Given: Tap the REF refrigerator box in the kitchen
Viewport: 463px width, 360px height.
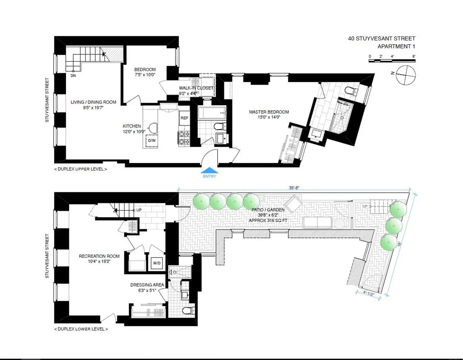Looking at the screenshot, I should pos(184,118).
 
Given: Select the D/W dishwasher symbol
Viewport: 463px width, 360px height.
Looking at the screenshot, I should pos(152,141).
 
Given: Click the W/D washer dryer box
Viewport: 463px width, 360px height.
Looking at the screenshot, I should pos(157,263).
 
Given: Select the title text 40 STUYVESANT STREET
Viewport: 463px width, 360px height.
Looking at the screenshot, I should pos(381,39).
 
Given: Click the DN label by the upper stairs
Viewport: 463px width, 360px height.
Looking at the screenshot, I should pos(73,76).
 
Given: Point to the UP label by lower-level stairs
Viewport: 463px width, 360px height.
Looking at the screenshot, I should pos(139,210).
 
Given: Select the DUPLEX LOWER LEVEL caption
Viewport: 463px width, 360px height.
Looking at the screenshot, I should pos(81,329).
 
